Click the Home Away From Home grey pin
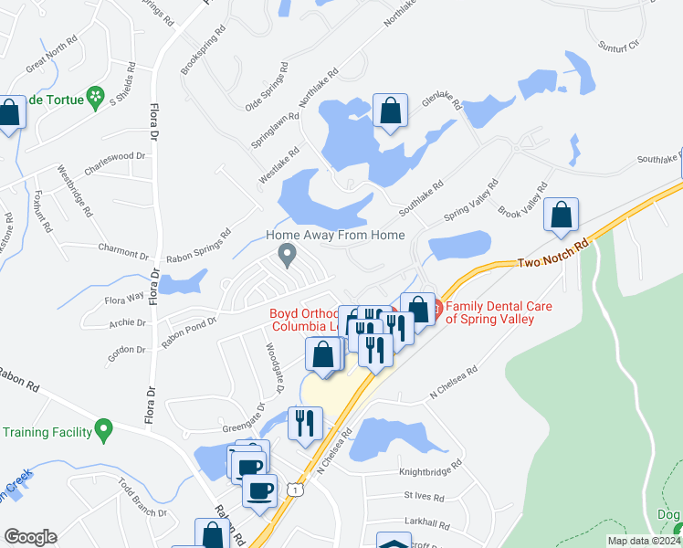pyautogui.click(x=289, y=256)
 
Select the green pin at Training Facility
pyautogui.click(x=103, y=427)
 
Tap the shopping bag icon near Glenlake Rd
pyautogui.click(x=390, y=111)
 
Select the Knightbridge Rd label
pyautogui.click(x=430, y=474)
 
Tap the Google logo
pyautogui.click(x=30, y=537)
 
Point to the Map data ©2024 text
pyautogui.click(x=644, y=541)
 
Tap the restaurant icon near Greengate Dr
pyautogui.click(x=303, y=422)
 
